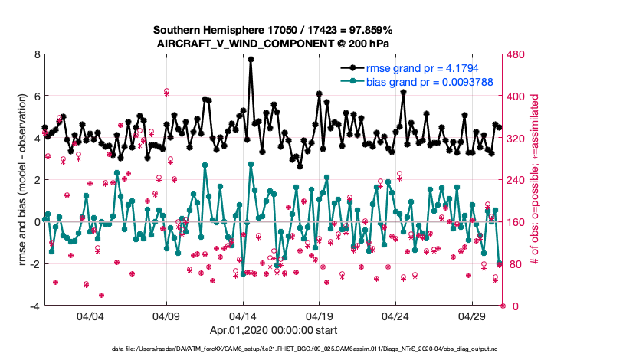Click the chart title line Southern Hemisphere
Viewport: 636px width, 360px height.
[x=273, y=30]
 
